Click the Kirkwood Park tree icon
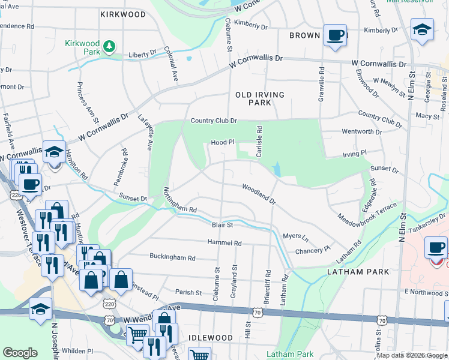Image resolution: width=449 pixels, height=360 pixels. tap(109, 46)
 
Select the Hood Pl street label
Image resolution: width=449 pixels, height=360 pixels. tap(221, 143)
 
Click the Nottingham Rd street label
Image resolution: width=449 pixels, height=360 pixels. tap(180, 201)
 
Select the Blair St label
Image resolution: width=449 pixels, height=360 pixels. tap(222, 225)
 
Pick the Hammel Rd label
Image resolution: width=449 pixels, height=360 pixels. tap(224, 243)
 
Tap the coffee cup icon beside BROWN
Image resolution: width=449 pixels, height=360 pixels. tap(335, 34)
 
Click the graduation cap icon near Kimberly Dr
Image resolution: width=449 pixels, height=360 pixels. tap(422, 29)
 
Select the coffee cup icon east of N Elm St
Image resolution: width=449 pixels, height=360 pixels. tap(435, 247)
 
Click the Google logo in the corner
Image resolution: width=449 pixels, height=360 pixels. tap(20, 353)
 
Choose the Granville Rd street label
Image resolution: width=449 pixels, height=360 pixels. tap(322, 83)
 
